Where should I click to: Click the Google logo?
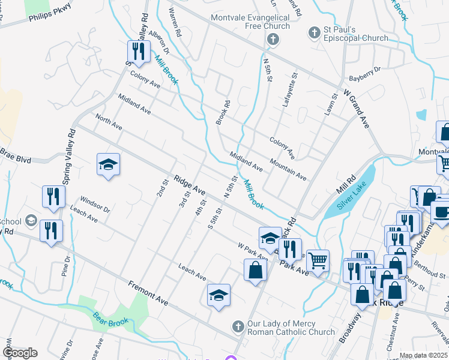tap(20, 353)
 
